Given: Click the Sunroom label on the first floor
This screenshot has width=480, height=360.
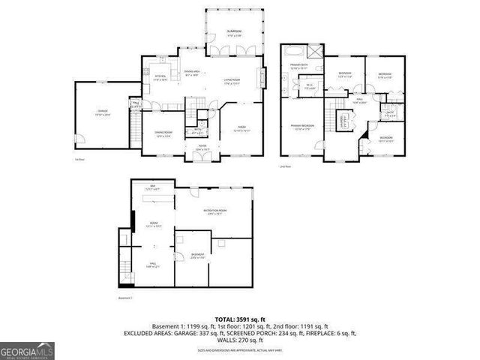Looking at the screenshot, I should [x=233, y=32].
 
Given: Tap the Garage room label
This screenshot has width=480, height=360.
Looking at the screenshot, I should [x=103, y=112].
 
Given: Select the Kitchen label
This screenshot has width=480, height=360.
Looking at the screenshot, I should [x=160, y=77].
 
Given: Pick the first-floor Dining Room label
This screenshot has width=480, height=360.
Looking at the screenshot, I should [x=163, y=134].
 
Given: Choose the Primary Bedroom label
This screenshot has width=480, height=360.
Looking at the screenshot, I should [x=301, y=127].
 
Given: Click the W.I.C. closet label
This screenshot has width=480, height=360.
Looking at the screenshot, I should [x=310, y=86].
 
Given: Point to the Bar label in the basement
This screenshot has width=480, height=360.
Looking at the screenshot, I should [x=153, y=189].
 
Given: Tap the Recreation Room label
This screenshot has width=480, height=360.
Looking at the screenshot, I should [x=216, y=212].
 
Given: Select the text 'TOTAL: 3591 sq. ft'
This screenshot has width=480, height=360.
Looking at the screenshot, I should [x=239, y=319].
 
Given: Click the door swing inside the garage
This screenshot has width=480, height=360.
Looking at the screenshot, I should [x=84, y=139].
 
